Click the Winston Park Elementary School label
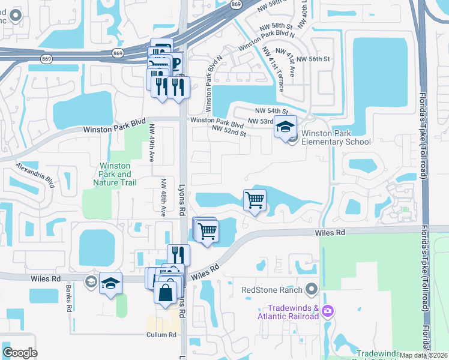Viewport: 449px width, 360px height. click(336, 137)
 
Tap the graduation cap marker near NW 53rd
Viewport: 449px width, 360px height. click(286, 127)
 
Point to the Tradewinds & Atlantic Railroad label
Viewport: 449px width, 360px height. click(288, 312)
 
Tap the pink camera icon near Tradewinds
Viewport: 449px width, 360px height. click(328, 311)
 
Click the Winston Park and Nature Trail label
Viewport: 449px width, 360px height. click(116, 174)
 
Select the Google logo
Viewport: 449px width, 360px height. click(20, 353)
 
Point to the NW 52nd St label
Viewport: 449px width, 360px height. click(229, 130)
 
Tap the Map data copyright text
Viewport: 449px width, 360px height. click(423, 355)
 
